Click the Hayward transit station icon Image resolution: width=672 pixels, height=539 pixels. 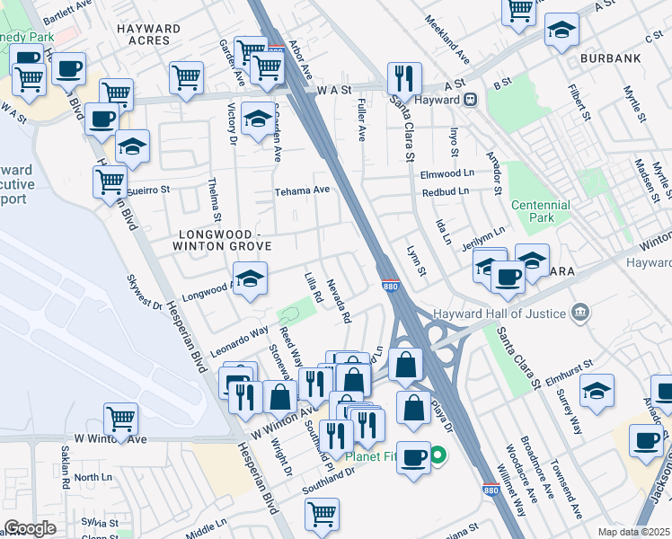click(x=470, y=100)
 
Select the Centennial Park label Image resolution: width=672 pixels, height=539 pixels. click(x=541, y=211)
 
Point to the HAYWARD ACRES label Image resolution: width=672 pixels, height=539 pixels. click(x=148, y=35)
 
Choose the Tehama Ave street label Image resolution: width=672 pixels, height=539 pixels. click(x=303, y=190)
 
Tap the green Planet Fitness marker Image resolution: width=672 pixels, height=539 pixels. click(x=438, y=455)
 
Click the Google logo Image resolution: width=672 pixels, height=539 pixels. click(x=31, y=528)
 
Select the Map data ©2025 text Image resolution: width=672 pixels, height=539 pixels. click(x=634, y=532)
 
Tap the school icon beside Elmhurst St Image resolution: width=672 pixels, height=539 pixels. click(x=597, y=391)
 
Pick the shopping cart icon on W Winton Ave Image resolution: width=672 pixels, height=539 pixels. click(x=121, y=419)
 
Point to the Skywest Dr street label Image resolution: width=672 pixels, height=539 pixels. click(x=144, y=292)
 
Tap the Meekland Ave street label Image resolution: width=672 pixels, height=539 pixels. click(x=448, y=41)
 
